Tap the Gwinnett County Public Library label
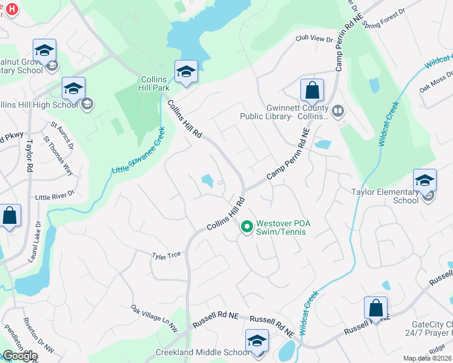(x=297, y=112)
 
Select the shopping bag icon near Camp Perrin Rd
(x=312, y=91)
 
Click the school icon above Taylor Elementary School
(x=425, y=180)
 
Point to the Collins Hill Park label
(x=155, y=83)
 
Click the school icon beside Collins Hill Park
(x=187, y=71)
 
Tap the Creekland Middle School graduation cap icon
(x=257, y=341)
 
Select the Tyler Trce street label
(x=166, y=256)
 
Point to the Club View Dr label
(x=314, y=39)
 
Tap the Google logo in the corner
(x=19, y=356)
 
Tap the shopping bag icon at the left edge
(x=10, y=217)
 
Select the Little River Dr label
(x=54, y=196)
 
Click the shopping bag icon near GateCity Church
(x=375, y=308)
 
